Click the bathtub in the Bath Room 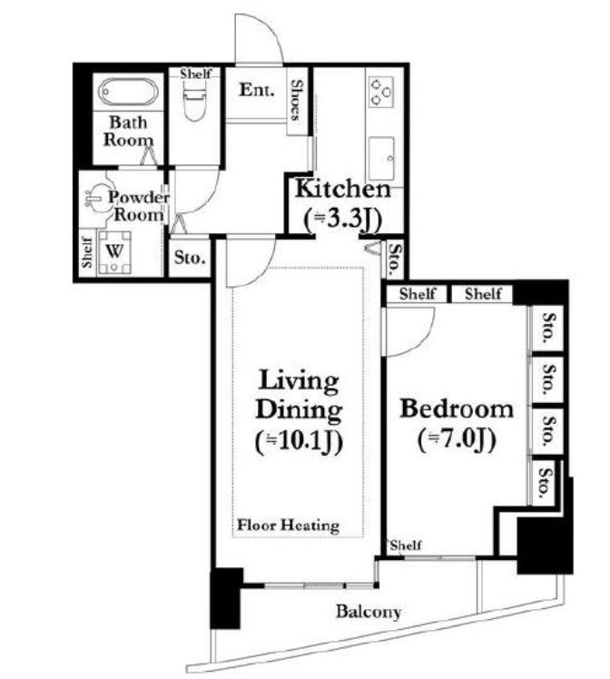point(128,92)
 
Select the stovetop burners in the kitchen point(381,93)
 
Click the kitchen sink point(381,159)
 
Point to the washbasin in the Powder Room point(96,198)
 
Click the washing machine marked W point(114,252)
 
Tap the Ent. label point(257,90)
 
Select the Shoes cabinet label point(296,100)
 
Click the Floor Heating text point(289,526)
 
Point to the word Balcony point(369,612)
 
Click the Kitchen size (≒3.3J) point(342,219)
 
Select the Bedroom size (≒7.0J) point(457,440)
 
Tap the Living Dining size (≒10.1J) point(300,442)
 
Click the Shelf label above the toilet point(196,74)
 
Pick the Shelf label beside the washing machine point(87,252)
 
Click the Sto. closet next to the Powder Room point(190,258)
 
